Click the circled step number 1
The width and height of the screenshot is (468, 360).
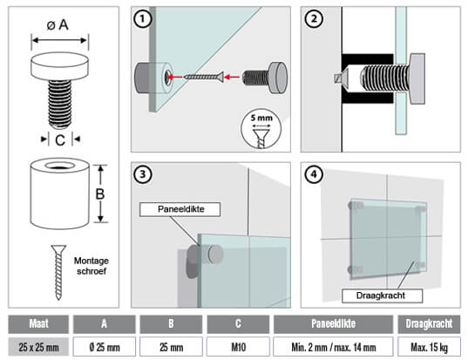click(x=142, y=19)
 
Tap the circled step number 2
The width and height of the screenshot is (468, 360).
click(x=314, y=19)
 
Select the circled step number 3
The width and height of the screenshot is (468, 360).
click(x=142, y=174)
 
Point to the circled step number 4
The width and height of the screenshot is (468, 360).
click(x=314, y=174)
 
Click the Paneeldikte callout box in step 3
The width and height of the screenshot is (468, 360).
click(x=180, y=209)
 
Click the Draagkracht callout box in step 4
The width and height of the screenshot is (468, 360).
click(x=382, y=295)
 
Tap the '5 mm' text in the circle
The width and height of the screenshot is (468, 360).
click(x=261, y=118)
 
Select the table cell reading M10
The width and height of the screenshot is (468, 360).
click(x=238, y=347)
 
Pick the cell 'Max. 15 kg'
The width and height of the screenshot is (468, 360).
click(x=429, y=347)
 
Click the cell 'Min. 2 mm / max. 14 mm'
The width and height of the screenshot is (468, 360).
click(x=334, y=347)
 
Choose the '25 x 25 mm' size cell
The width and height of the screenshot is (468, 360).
click(x=38, y=347)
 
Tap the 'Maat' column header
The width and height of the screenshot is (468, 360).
click(x=38, y=324)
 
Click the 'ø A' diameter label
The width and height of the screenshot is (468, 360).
click(x=58, y=24)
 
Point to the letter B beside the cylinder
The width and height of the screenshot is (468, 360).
click(x=100, y=194)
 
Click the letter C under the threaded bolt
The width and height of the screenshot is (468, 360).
click(x=60, y=140)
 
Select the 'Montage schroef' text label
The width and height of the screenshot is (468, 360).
click(x=92, y=266)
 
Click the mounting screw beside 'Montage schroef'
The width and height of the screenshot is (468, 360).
click(x=58, y=272)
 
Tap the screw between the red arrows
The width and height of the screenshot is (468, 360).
click(x=204, y=77)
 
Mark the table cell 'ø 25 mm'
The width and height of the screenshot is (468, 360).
click(x=105, y=347)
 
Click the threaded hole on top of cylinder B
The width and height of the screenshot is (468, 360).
click(x=60, y=166)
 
